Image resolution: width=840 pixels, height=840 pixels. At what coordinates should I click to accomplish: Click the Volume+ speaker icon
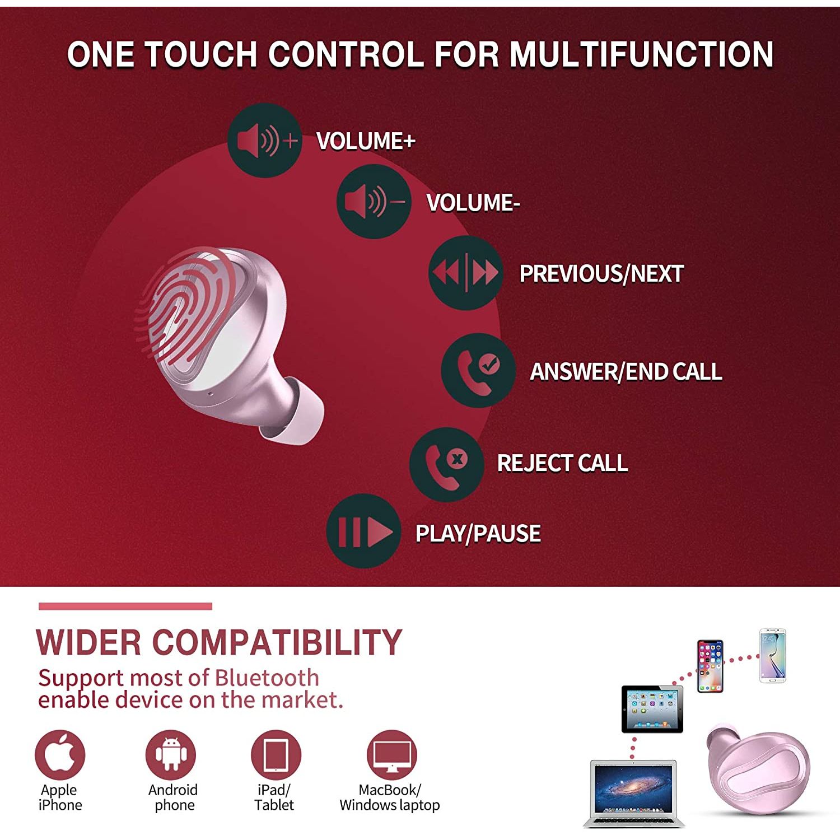click(264, 140)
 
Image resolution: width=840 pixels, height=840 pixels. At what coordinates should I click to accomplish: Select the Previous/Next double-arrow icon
click(465, 273)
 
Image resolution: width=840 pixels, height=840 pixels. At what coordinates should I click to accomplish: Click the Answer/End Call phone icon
click(478, 370)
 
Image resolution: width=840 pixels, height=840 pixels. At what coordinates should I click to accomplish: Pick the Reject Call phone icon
click(446, 464)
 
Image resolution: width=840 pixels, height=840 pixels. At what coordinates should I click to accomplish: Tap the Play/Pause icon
click(363, 531)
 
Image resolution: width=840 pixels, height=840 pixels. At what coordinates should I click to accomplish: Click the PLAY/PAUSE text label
click(478, 533)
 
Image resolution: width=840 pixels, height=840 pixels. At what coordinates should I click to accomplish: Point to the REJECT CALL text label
click(562, 463)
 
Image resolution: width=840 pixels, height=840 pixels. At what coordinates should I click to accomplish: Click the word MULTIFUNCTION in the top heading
click(641, 54)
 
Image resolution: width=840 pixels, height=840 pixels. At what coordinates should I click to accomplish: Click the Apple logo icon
click(60, 754)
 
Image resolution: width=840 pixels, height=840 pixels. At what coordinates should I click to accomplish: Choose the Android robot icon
click(171, 754)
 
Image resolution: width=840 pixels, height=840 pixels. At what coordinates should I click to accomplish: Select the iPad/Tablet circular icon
click(276, 754)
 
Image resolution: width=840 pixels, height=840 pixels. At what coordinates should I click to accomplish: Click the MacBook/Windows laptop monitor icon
click(392, 754)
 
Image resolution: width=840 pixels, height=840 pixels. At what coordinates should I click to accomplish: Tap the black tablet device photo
click(652, 709)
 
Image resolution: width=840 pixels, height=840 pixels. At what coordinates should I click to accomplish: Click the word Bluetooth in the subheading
click(267, 678)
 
